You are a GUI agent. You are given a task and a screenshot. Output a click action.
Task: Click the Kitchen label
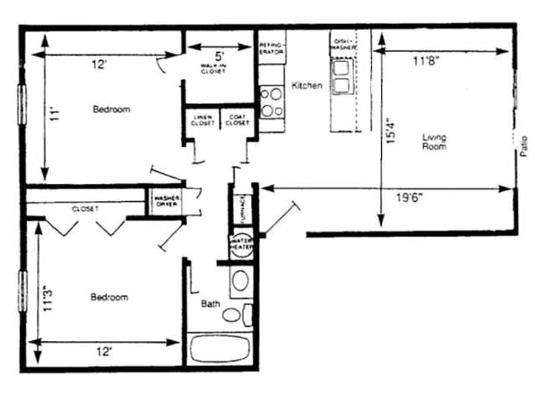[x=307, y=86]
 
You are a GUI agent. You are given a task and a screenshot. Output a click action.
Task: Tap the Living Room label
[x=434, y=142]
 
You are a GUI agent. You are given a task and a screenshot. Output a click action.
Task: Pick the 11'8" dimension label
[x=426, y=61]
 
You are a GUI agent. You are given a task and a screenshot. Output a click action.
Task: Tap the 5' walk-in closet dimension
[x=218, y=56]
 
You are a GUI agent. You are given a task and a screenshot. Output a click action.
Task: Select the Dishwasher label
[x=344, y=44]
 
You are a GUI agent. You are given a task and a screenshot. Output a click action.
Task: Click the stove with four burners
[x=272, y=102]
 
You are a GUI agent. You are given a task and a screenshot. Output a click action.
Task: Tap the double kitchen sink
[x=342, y=76]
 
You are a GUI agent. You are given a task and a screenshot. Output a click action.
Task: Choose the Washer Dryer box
[x=165, y=201]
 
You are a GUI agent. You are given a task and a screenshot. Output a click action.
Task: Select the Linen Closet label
[x=202, y=120]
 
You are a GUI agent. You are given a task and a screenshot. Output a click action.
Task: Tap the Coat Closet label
[x=237, y=120]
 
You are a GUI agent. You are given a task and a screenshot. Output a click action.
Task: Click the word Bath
[x=211, y=304]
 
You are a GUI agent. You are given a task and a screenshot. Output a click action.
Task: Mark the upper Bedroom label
[x=111, y=109]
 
